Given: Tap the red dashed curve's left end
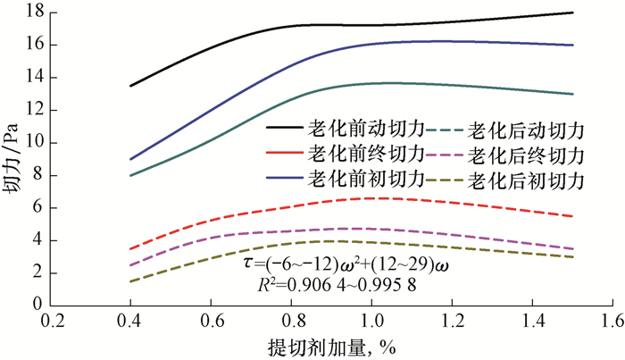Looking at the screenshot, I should coord(131,248).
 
